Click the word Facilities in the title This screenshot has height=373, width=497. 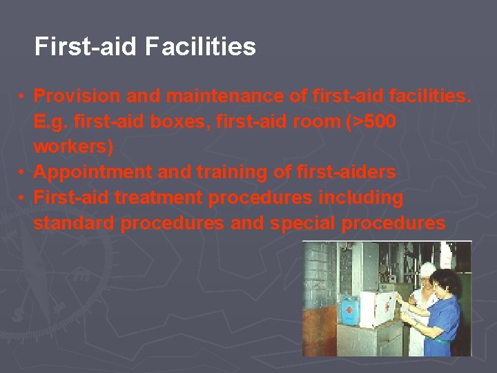[x=201, y=47]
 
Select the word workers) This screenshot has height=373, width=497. [x=73, y=146]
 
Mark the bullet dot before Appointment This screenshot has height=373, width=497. [x=23, y=172]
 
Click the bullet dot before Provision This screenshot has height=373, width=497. [x=23, y=95]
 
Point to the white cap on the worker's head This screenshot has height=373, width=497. [x=427, y=269]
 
